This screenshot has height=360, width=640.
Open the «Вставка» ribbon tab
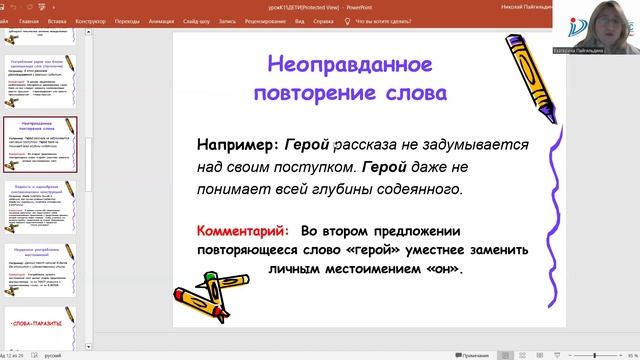57,19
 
